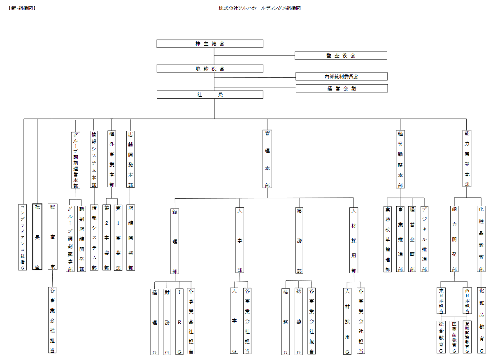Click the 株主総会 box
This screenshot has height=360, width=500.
pyautogui.click(x=210, y=44)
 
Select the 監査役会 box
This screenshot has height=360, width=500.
pyautogui.click(x=341, y=56)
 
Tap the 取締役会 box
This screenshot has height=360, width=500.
pyautogui.click(x=210, y=69)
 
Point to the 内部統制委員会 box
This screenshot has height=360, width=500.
pyautogui.click(x=341, y=77)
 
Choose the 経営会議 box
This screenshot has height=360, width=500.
pyautogui.click(x=342, y=88)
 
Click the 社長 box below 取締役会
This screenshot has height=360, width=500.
pyautogui.click(x=210, y=95)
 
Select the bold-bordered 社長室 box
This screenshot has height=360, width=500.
pyautogui.click(x=37, y=237)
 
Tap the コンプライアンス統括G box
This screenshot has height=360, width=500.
pyautogui.click(x=23, y=237)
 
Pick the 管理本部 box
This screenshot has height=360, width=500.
pyautogui.click(x=267, y=159)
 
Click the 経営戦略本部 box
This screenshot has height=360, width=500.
pyautogui.click(x=400, y=159)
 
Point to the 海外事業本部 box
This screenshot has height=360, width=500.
pyautogui.click(x=112, y=159)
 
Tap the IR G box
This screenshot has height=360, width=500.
pyautogui.click(x=179, y=321)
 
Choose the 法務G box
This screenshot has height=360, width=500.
pyautogui.click(x=286, y=321)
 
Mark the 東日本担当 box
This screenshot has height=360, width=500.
pyautogui.click(x=441, y=301)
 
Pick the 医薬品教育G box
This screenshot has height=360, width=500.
pyautogui.click(x=454, y=337)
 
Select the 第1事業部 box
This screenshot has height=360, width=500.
pyautogui.click(x=118, y=237)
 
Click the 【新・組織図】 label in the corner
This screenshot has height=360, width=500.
pyautogui.click(x=21, y=8)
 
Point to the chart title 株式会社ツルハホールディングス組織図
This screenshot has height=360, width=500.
pyautogui.click(x=260, y=8)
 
